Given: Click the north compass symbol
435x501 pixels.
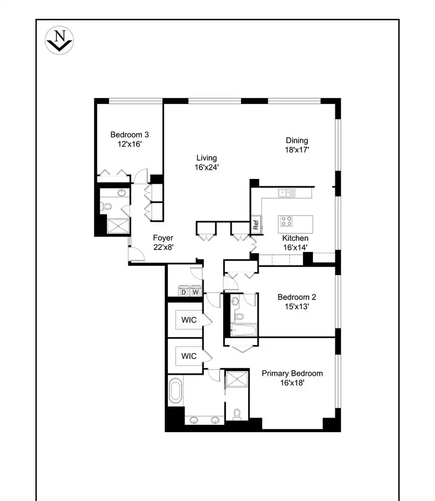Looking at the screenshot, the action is tap(59, 40).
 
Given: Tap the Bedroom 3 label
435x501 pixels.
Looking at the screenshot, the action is tap(129, 135).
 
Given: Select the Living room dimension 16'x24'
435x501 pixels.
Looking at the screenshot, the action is tap(207, 167).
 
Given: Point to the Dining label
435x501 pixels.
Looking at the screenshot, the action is tap(297, 140).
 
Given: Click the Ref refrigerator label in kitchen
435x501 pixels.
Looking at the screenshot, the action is tap(256, 224).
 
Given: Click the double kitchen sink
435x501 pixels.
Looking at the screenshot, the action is tap(286, 193).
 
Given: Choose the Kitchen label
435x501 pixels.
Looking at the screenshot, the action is tap(295, 238).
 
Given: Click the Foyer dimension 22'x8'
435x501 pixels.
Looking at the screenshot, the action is tap(163, 247).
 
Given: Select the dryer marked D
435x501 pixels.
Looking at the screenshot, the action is tap(184, 291).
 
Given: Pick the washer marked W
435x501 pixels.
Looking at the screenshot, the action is tap(196, 291).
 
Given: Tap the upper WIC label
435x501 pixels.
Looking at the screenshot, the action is tap(189, 320).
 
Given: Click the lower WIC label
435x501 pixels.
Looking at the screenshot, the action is tap(189, 356).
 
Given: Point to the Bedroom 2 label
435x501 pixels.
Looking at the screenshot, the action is tap(297, 297).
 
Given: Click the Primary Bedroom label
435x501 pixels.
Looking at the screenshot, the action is tap(292, 373).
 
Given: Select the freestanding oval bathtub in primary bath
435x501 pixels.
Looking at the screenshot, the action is tap(176, 391).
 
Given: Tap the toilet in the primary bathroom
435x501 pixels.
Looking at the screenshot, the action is tap(237, 414).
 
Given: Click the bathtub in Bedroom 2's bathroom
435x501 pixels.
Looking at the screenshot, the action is tap(244, 330).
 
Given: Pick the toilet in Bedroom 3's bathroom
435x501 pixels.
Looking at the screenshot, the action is tap(107, 207).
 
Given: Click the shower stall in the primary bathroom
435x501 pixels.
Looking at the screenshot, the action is tap(237, 379).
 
